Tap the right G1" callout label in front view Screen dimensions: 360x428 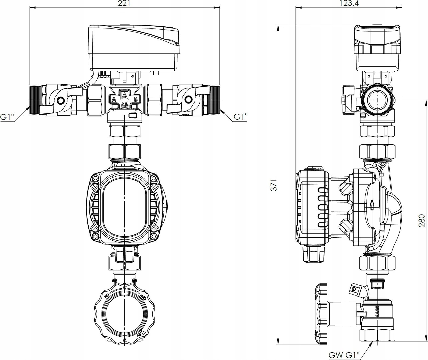click(x=240, y=117)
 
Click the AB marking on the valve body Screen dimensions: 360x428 click(x=124, y=105)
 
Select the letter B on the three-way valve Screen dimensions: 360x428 click(x=136, y=99)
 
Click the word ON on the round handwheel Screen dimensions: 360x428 click(x=107, y=295)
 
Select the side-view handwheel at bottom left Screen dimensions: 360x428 click(x=320, y=313)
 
